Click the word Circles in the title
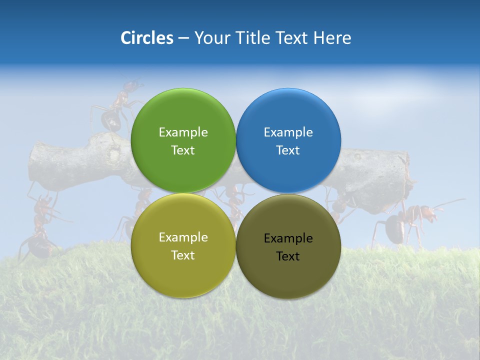146,38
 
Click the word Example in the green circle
183,132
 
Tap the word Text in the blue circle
288,150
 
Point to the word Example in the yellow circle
183,237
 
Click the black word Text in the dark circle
288,256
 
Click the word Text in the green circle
183,150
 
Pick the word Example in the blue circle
288,132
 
